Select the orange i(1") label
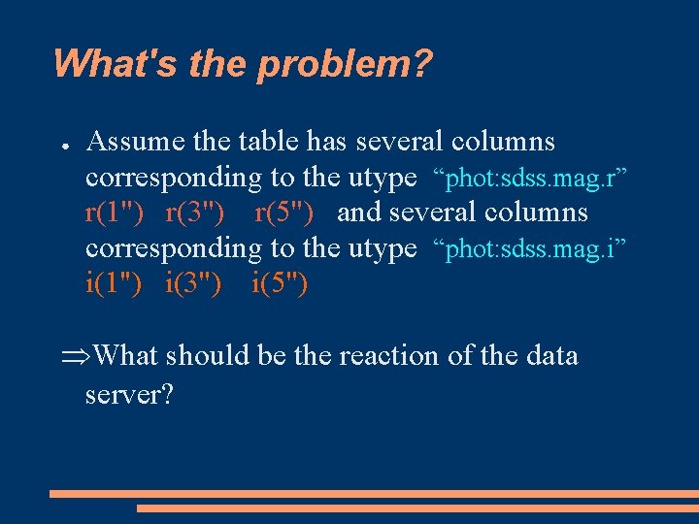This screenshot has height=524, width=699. [114, 284]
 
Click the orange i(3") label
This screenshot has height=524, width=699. [193, 284]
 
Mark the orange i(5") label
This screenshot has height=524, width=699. [280, 284]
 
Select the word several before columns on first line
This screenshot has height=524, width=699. [400, 142]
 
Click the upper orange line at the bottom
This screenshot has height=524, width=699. [374, 494]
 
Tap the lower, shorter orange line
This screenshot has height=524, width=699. [417, 508]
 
